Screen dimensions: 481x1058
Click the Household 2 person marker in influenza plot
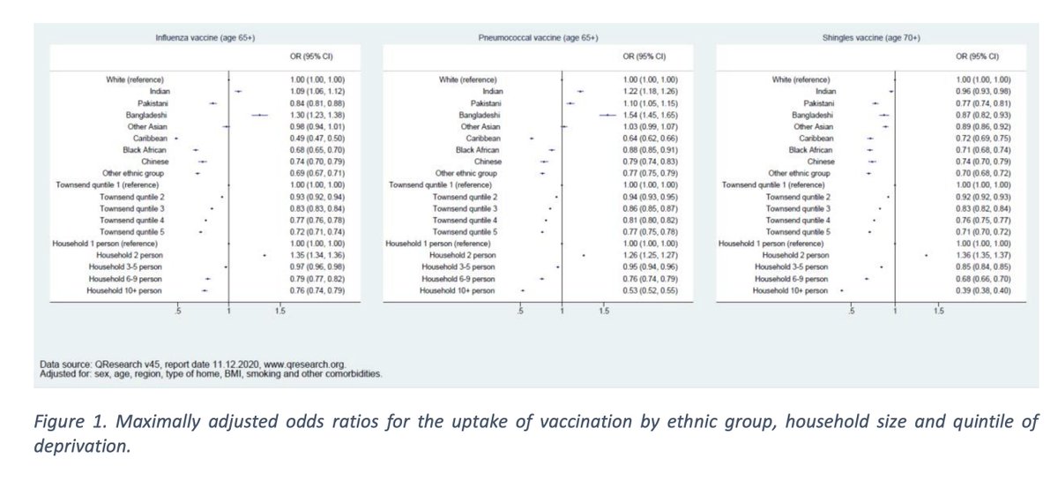point(265,255)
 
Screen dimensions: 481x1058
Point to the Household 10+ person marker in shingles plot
point(842,289)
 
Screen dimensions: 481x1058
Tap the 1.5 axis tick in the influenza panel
point(280,312)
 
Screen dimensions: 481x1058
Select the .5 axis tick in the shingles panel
point(852,312)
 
